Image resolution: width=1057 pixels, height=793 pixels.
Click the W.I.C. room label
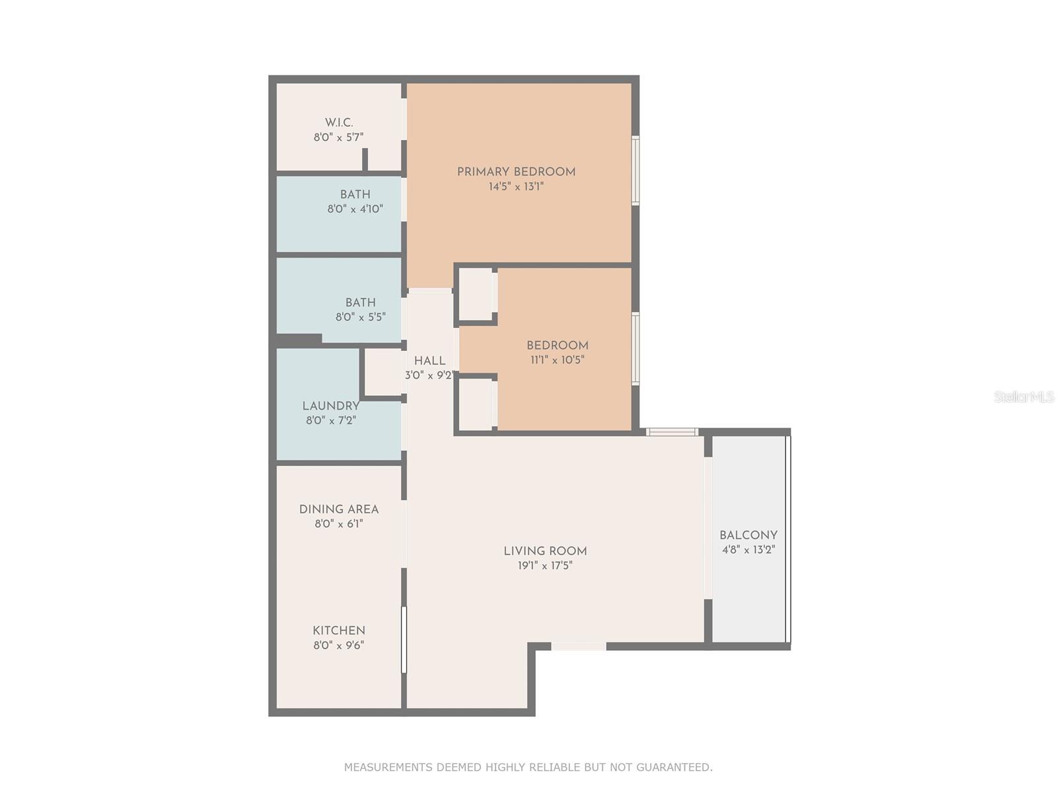point(339,123)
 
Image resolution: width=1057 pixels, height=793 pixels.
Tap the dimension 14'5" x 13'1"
point(516,187)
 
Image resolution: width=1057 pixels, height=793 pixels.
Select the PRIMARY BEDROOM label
point(516,172)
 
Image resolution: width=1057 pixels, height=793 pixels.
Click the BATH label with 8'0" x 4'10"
point(355,194)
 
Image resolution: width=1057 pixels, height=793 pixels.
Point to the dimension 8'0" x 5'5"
point(360,317)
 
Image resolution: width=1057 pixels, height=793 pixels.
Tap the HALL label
point(429,361)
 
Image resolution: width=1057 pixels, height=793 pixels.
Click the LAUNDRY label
point(330,406)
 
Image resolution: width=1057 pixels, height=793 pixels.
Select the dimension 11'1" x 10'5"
point(557,360)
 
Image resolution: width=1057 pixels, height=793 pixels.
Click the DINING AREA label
point(339,510)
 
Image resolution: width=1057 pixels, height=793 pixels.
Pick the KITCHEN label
point(339,630)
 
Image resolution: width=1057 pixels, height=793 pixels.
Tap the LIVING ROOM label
point(545,551)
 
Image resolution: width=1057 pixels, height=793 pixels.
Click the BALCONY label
point(748,535)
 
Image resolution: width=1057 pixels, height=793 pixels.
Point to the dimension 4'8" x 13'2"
point(748,550)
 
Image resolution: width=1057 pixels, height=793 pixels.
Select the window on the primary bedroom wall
point(635,170)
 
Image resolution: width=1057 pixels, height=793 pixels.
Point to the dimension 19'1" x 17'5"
point(545,566)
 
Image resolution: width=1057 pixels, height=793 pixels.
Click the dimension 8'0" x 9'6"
point(339,646)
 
